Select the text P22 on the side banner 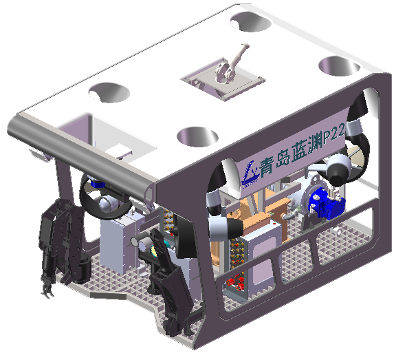[x=334, y=132]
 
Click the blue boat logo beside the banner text [x=250, y=173]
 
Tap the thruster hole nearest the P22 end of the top [x=339, y=67]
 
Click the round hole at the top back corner [x=250, y=22]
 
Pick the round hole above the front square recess [x=109, y=93]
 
